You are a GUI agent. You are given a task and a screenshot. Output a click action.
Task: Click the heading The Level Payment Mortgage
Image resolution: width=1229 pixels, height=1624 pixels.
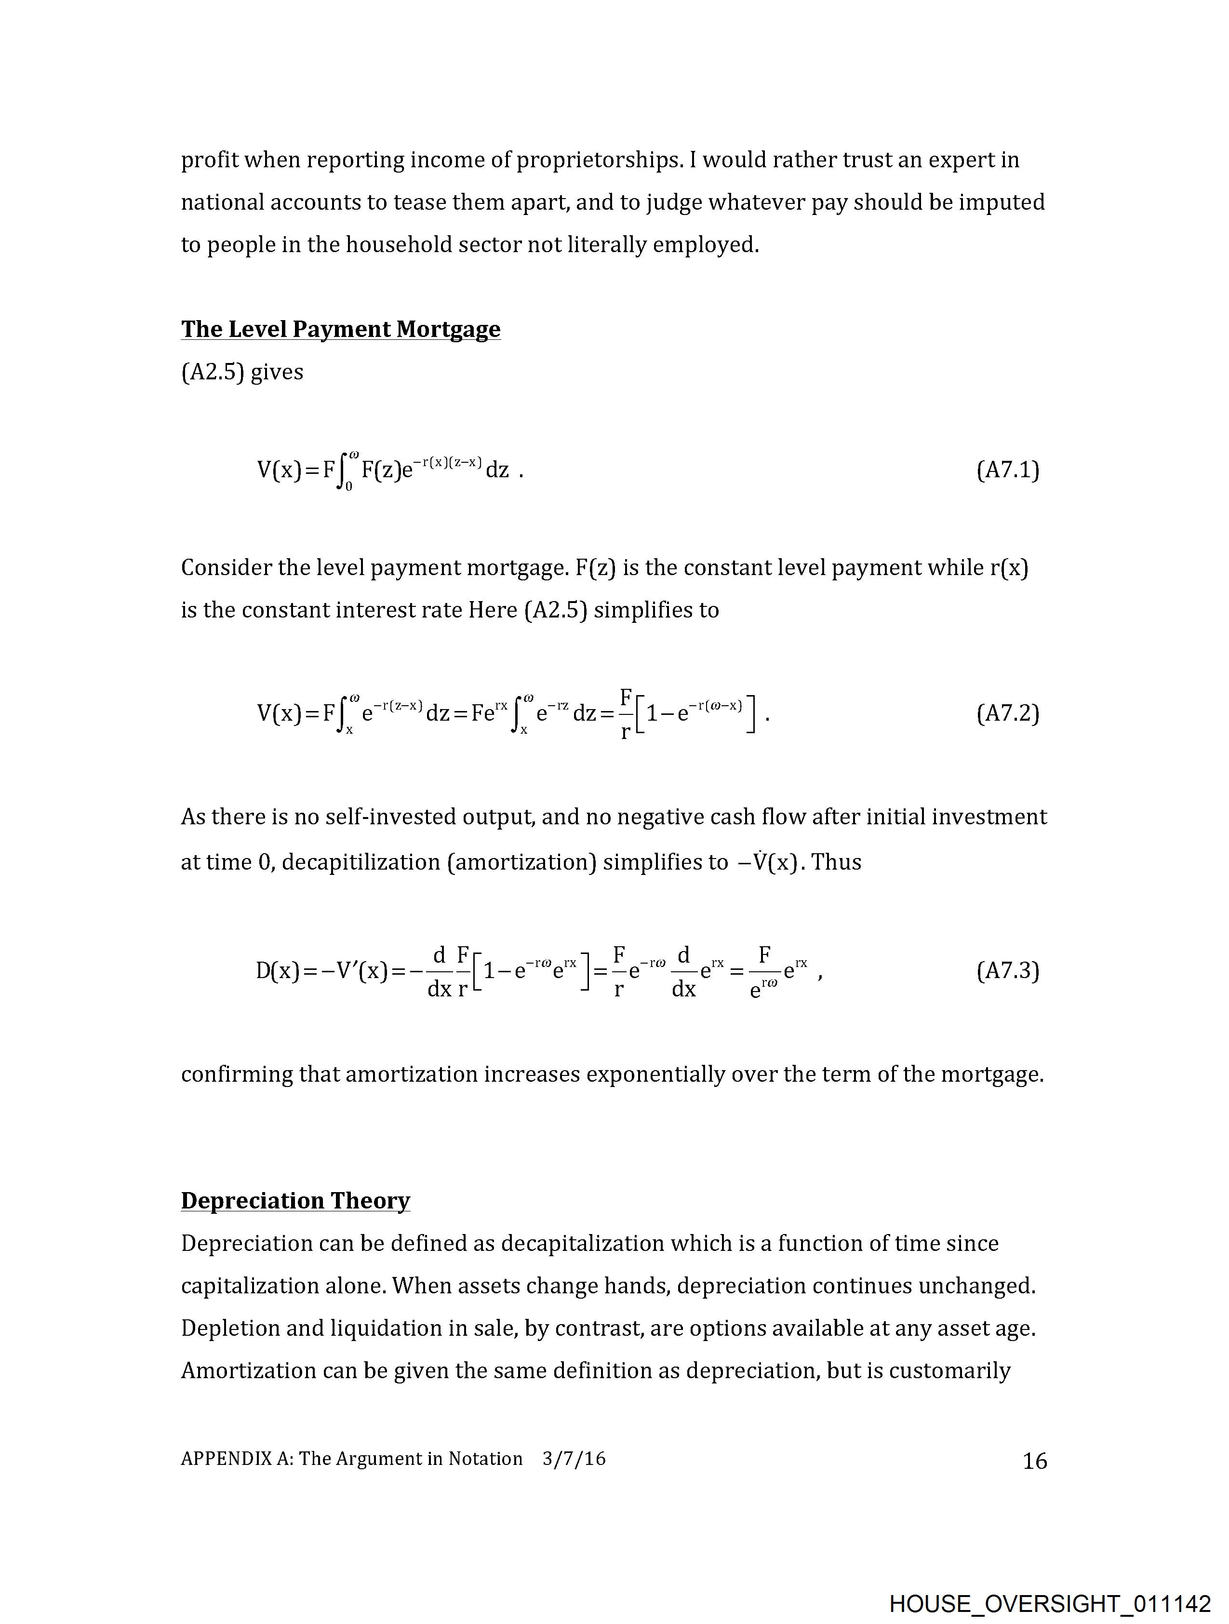pos(341,329)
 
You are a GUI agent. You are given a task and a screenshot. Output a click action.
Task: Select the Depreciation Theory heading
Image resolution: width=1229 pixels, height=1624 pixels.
pos(295,1200)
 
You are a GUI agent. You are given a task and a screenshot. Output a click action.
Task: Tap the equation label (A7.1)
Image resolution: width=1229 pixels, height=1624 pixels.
pos(1007,470)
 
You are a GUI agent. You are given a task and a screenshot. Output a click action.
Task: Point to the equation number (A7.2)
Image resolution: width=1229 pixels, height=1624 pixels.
pos(1007,713)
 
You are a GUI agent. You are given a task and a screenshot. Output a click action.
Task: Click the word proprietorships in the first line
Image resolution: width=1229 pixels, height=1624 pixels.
pos(598,160)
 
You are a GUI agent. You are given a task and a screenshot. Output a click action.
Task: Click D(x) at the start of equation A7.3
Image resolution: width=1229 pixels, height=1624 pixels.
pos(278,971)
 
